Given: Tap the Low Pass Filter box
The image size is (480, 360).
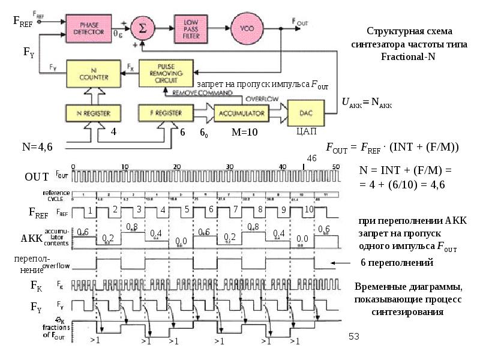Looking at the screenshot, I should click(190, 28).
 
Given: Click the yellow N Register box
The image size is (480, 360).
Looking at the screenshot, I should click(87, 112).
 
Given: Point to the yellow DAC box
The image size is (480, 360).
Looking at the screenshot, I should click(307, 110).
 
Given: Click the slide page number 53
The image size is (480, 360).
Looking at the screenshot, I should click(353, 338).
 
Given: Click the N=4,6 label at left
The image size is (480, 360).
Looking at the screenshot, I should click(37, 146).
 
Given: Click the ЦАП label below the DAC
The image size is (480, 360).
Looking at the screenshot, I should click(306, 131).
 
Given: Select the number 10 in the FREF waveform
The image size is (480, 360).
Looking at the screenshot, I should click(310, 209).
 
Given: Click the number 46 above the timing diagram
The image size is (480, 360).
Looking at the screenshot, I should click(312, 157).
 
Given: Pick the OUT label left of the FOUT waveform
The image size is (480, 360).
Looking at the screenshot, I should click(35, 178).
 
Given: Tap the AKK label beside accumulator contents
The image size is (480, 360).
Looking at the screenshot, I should click(32, 238).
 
